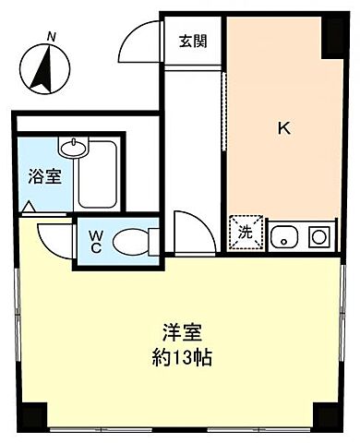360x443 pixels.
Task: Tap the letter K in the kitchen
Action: (x=284, y=128)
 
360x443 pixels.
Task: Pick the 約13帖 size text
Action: (x=184, y=356)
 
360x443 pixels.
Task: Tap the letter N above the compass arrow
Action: (x=53, y=37)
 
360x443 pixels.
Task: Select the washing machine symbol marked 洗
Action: (x=246, y=233)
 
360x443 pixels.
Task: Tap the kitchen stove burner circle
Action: (x=319, y=236)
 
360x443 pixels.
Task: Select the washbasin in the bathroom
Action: (x=71, y=147)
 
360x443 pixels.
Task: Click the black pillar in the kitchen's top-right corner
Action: (x=330, y=31)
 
